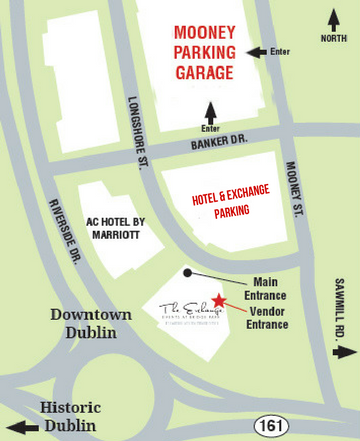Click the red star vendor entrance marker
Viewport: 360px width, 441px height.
(219, 299)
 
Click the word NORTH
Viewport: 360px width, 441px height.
(335, 38)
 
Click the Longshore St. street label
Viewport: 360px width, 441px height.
(137, 131)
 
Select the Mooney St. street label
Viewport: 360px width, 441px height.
(295, 190)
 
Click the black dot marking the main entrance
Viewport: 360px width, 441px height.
(187, 272)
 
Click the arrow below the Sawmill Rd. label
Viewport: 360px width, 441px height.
(344, 352)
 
